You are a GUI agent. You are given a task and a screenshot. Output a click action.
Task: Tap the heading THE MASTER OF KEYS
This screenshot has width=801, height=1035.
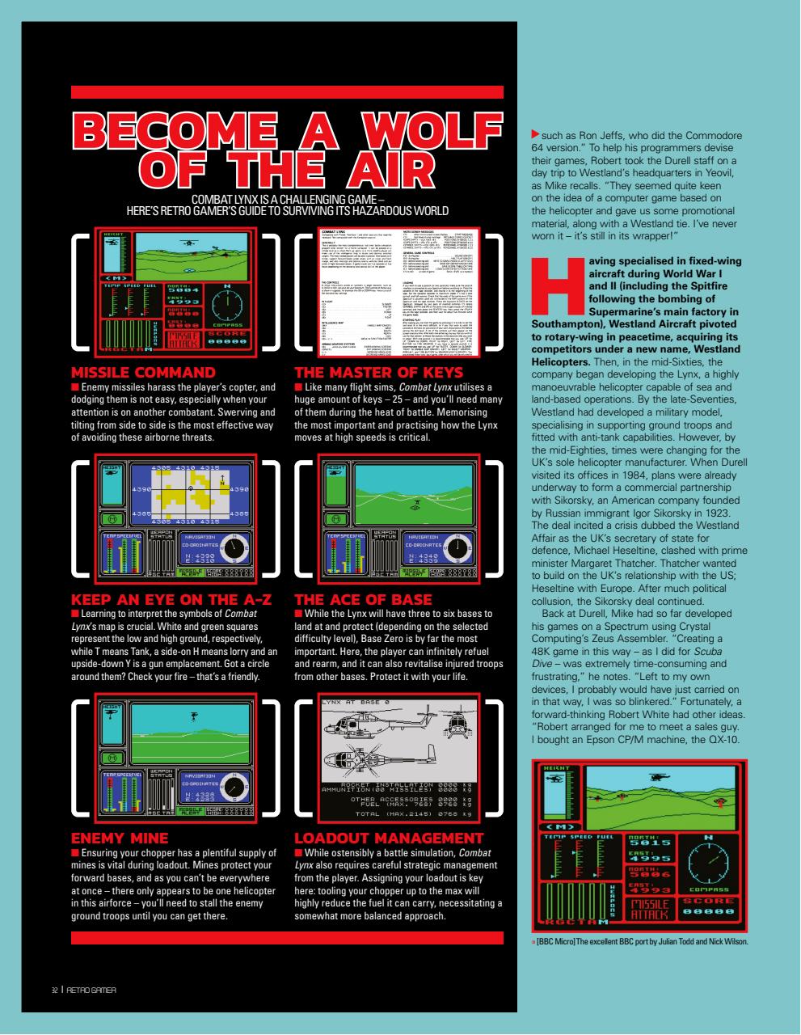coord(378,373)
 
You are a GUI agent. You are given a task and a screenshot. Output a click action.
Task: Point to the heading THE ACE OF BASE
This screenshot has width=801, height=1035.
coord(363,600)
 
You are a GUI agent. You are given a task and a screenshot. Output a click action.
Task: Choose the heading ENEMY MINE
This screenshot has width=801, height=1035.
coord(120,838)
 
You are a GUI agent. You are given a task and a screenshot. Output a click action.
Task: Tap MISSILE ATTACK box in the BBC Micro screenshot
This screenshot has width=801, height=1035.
coord(648,909)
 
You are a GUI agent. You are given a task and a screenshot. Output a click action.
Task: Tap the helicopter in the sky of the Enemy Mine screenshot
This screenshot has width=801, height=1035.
coord(193,716)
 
